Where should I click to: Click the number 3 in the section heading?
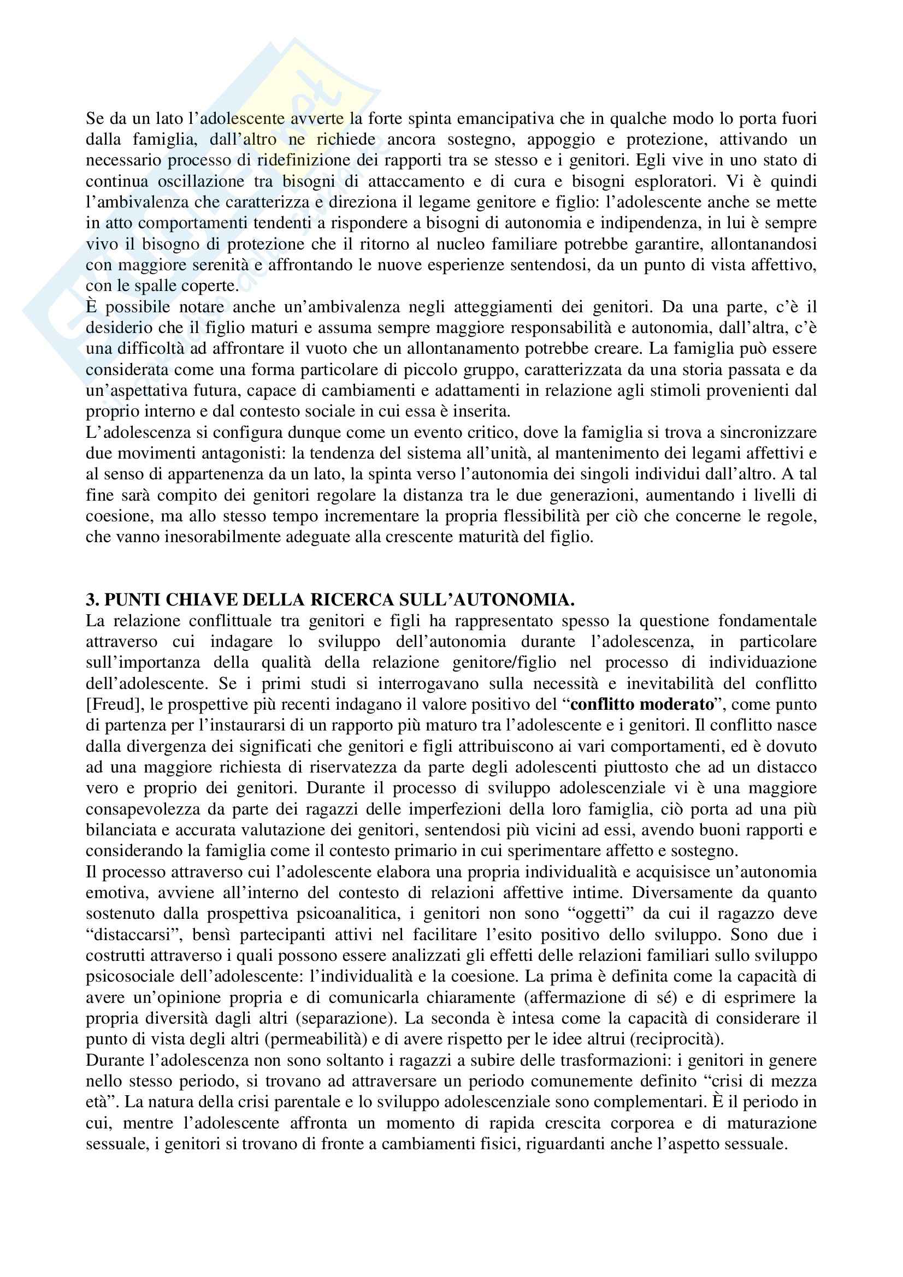click(x=90, y=599)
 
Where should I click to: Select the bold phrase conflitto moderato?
click(x=642, y=705)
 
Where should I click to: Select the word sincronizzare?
click(x=769, y=433)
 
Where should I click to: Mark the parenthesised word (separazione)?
click(x=345, y=1019)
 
